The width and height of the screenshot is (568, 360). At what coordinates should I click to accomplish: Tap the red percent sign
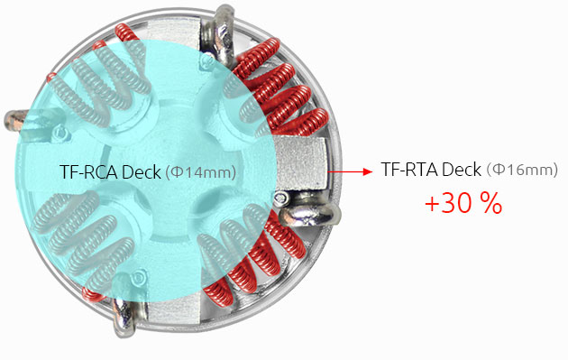pyautogui.click(x=490, y=203)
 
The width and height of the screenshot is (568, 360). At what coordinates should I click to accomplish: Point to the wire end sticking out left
pyautogui.click(x=18, y=118)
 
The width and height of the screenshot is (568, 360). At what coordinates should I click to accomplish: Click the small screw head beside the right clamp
pyautogui.click(x=284, y=197)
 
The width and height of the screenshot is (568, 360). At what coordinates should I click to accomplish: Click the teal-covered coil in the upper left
pyautogui.click(x=108, y=77)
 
